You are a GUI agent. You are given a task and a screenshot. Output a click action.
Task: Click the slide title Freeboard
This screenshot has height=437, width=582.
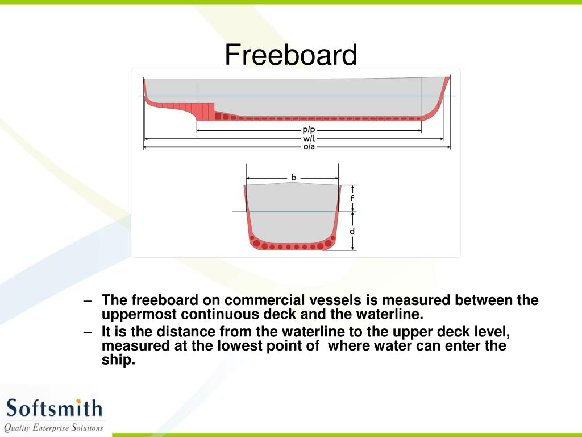coord(290,55)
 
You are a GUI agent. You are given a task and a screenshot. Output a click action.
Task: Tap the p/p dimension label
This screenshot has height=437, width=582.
coord(309,130)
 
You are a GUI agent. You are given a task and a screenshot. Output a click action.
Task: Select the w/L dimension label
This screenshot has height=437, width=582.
coord(309,138)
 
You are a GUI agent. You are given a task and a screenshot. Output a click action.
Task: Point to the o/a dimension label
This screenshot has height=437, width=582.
coord(309,147)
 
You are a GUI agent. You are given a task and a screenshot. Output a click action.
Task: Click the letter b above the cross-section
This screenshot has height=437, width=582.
coord(293,178)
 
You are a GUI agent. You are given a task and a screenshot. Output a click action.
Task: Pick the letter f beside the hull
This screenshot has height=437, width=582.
coord(352,199)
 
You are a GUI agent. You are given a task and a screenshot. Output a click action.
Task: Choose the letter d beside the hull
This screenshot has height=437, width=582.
coord(352,232)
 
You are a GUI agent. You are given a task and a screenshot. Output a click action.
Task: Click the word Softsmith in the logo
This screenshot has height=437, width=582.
coord(54,408)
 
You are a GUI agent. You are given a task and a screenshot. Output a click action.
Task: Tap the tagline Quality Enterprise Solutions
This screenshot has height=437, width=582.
coord(53,427)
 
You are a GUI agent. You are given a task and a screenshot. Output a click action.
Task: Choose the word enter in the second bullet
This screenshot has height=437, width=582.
coord(457,346)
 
